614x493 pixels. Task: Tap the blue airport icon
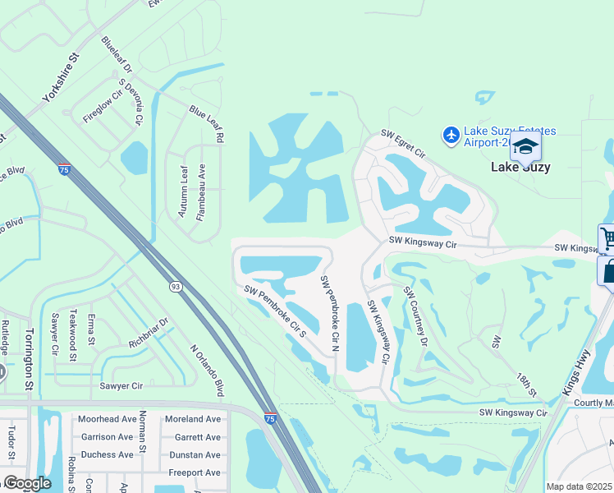451,134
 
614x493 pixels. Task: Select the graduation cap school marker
525,146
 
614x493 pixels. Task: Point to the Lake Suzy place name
520,167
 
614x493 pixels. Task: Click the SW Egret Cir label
403,143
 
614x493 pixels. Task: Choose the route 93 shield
175,286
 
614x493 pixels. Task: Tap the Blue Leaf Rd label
206,123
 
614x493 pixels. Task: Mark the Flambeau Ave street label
200,191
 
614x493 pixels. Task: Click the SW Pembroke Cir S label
275,311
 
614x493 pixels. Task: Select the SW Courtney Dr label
415,316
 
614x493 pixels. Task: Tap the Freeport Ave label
195,472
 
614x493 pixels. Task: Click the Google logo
27,483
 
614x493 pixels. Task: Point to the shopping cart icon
607,238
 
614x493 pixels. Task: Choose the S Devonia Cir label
131,102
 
